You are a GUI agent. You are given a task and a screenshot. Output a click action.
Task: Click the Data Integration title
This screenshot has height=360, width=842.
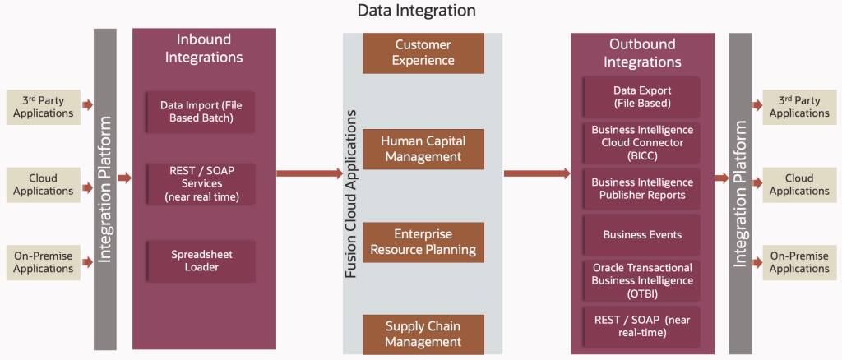[416, 11]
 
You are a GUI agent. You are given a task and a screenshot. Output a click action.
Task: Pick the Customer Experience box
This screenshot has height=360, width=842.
[423, 53]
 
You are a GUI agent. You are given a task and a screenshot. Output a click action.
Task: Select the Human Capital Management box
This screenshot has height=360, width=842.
[423, 149]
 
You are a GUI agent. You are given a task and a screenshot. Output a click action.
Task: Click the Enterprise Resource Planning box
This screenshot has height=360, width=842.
[423, 242]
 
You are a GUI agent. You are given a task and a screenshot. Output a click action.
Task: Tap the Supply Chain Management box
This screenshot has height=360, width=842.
[423, 334]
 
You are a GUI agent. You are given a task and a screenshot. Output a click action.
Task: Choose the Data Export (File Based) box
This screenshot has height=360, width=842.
[642, 96]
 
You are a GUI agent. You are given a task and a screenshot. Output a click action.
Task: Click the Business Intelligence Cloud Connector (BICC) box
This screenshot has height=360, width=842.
[642, 142]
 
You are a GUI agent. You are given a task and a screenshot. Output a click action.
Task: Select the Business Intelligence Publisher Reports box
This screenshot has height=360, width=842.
[642, 188]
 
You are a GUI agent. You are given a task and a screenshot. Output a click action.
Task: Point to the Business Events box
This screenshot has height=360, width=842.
[642, 234]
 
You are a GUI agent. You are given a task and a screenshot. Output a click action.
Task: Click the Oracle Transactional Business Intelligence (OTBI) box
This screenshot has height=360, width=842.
[642, 280]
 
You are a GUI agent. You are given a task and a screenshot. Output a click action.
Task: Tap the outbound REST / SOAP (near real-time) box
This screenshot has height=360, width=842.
[642, 325]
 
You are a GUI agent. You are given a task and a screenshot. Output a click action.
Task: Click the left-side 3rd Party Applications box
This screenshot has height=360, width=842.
[44, 107]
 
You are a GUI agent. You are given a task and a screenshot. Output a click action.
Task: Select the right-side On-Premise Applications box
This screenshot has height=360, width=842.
[799, 262]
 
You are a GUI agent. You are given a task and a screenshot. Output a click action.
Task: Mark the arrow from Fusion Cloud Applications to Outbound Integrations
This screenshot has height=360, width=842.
[536, 173]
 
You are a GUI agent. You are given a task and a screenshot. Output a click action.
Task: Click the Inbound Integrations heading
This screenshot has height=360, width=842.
[204, 48]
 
